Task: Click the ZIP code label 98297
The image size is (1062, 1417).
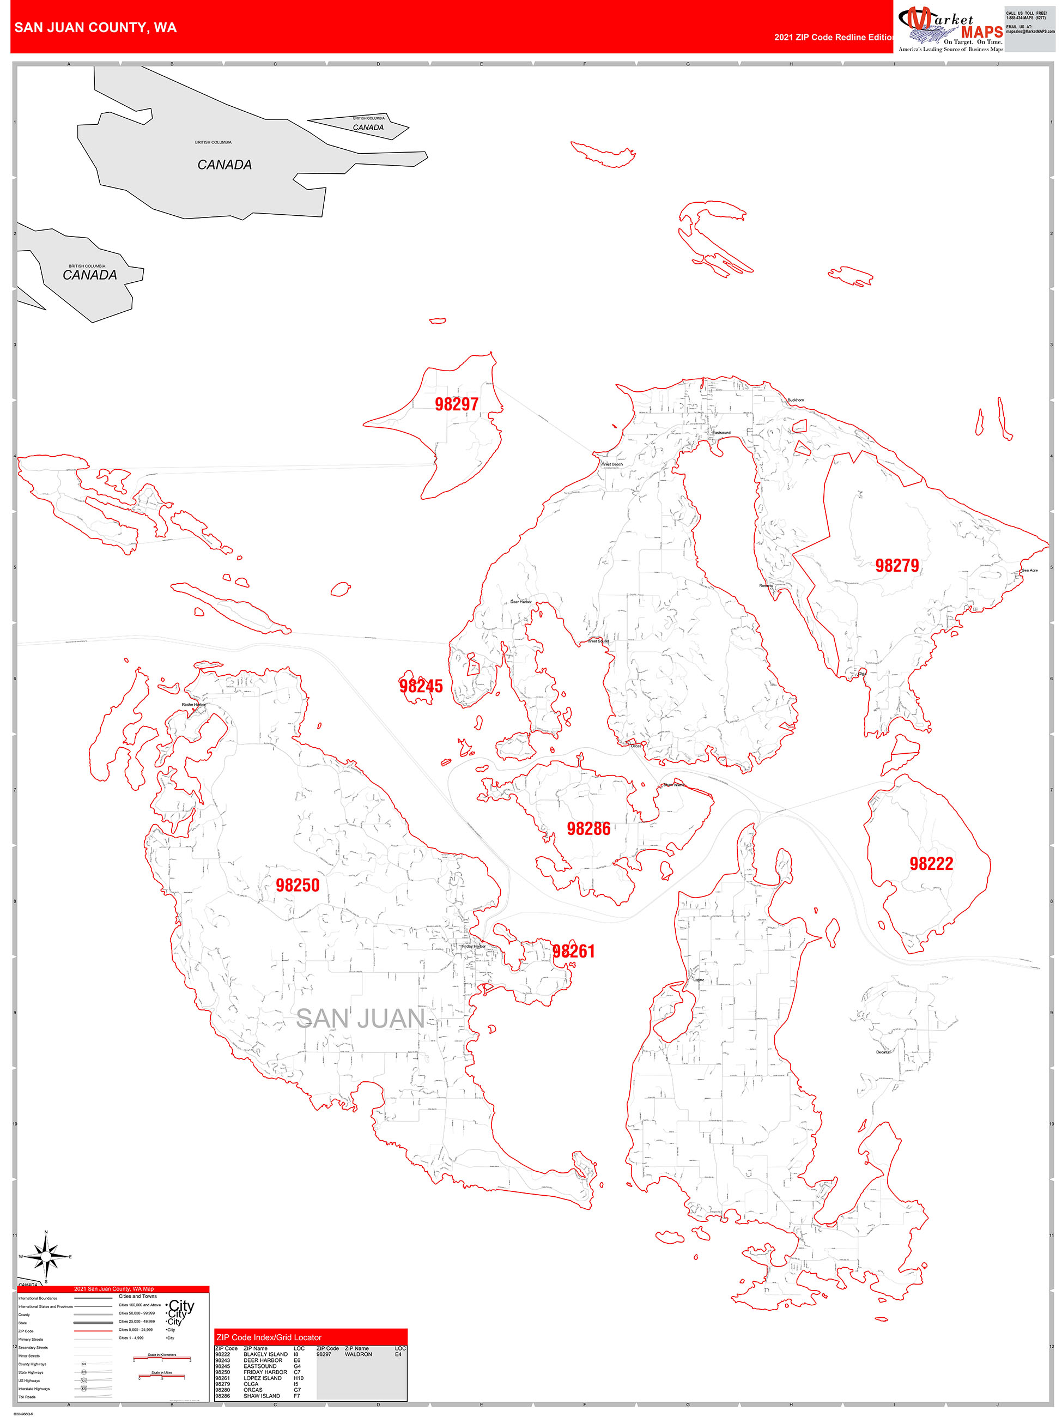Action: [456, 404]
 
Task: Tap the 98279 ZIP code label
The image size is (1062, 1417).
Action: [897, 566]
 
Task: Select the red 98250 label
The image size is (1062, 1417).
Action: [297, 885]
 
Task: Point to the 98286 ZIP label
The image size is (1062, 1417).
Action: [588, 829]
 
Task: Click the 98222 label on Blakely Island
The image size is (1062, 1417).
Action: [931, 863]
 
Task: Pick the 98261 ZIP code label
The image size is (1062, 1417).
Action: [574, 951]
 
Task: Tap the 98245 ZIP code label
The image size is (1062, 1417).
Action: [421, 686]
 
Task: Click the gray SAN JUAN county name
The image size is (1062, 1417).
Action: [361, 1019]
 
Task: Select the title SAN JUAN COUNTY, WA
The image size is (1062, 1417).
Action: [95, 28]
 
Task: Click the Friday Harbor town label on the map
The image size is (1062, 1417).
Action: [474, 946]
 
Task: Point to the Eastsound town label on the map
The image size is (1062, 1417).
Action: [721, 432]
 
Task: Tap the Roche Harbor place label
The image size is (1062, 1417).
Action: [193, 705]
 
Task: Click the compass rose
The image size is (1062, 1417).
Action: [45, 1256]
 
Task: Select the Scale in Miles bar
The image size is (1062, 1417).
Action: [161, 1377]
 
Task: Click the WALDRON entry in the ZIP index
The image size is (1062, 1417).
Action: [358, 1354]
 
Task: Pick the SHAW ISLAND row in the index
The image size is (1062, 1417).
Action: [262, 1396]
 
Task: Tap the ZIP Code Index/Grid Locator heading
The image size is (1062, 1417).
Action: [269, 1337]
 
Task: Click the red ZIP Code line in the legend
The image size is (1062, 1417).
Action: [93, 1330]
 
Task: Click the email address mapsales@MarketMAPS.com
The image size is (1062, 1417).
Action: [1030, 32]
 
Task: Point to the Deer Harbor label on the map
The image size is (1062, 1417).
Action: [521, 602]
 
